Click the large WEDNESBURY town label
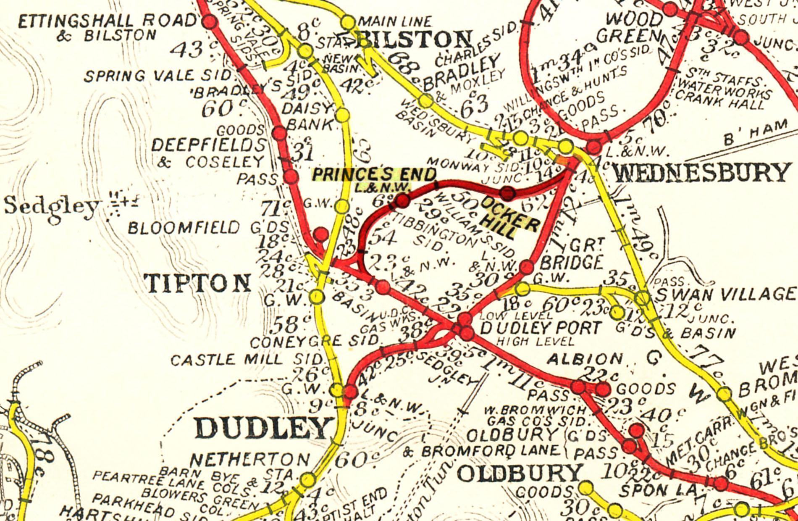tap(701, 173)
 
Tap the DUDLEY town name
tap(262, 429)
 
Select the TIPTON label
tap(197, 283)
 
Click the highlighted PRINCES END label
tap(374, 174)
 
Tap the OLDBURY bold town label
tap(520, 474)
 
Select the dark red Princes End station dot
tap(402, 200)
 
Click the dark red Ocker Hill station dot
tap(508, 193)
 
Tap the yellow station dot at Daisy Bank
tap(343, 115)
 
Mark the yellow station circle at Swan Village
tap(642, 298)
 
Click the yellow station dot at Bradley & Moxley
tap(425, 100)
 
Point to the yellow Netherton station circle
tap(308, 479)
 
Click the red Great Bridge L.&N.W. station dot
tap(526, 266)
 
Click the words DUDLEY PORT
tap(541, 327)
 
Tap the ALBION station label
tap(585, 359)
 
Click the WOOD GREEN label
tap(630, 28)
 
